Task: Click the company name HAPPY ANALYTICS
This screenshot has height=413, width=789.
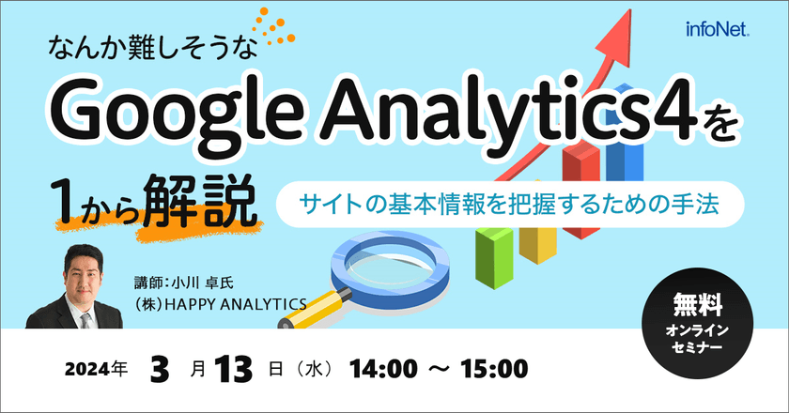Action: point(221,302)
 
